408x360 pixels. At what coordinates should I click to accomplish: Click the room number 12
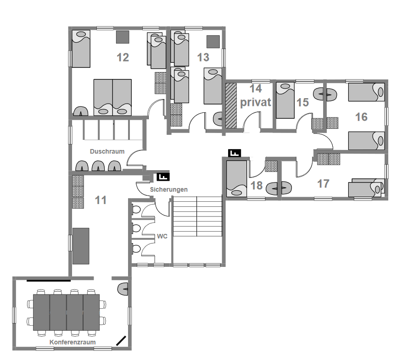tap(123, 57)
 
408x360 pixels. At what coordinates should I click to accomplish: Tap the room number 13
tap(203, 57)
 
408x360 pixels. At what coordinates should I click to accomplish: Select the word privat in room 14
tap(256, 103)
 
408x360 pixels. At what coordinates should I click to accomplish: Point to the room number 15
tap(302, 102)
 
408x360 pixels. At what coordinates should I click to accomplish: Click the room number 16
tap(362, 117)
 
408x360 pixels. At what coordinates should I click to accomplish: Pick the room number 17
tap(323, 184)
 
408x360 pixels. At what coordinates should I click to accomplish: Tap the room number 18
tap(257, 186)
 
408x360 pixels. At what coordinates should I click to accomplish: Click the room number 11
tap(101, 200)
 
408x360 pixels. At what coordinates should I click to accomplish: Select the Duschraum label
tap(107, 151)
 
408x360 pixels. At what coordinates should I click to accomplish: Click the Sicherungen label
tap(168, 189)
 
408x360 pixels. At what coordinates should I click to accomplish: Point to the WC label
tap(162, 236)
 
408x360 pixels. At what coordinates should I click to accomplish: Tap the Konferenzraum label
tap(73, 342)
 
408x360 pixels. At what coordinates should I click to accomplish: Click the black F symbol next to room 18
tap(235, 153)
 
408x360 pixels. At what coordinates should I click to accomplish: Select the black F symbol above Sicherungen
tap(163, 177)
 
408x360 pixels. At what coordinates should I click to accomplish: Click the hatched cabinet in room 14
tap(231, 105)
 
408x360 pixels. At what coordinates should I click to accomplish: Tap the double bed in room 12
tap(112, 98)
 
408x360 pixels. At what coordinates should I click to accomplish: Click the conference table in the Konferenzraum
tap(67, 312)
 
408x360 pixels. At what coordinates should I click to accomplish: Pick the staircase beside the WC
tap(197, 216)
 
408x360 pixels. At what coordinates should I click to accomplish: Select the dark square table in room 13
tap(213, 42)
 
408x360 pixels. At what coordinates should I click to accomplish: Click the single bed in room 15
tap(285, 100)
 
